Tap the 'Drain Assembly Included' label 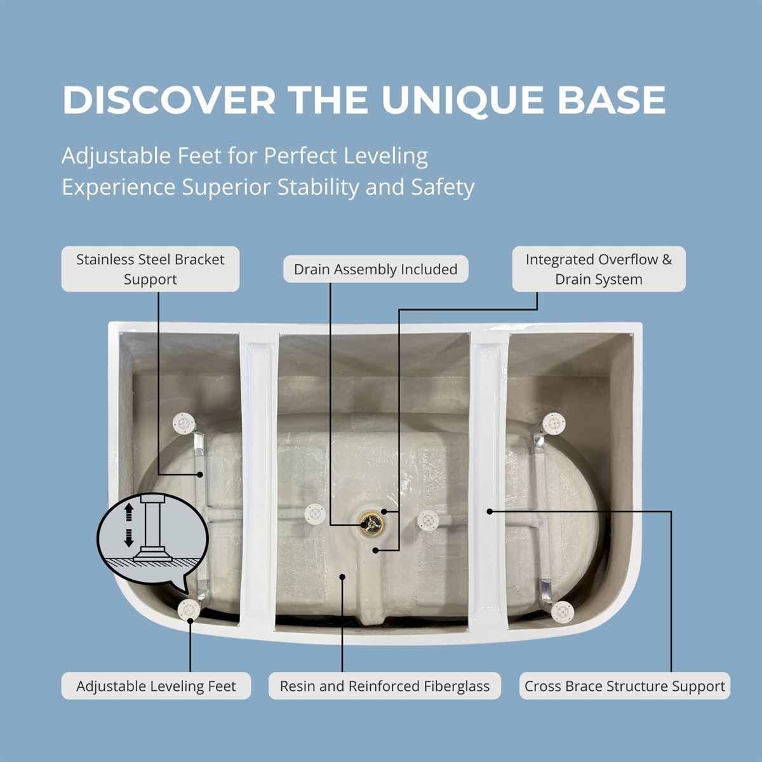(376, 269)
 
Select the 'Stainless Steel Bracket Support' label (150, 269)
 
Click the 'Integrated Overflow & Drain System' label (599, 269)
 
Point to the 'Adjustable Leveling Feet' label (156, 686)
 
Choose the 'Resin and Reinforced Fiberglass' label (384, 686)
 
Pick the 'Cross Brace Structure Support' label (624, 686)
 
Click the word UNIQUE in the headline (462, 100)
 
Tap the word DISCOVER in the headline (168, 100)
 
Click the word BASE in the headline (612, 100)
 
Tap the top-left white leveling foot (184, 424)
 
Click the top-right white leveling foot (553, 424)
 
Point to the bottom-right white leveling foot (563, 611)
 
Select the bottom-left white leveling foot (189, 609)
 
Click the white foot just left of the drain (315, 514)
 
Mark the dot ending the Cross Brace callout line (490, 511)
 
